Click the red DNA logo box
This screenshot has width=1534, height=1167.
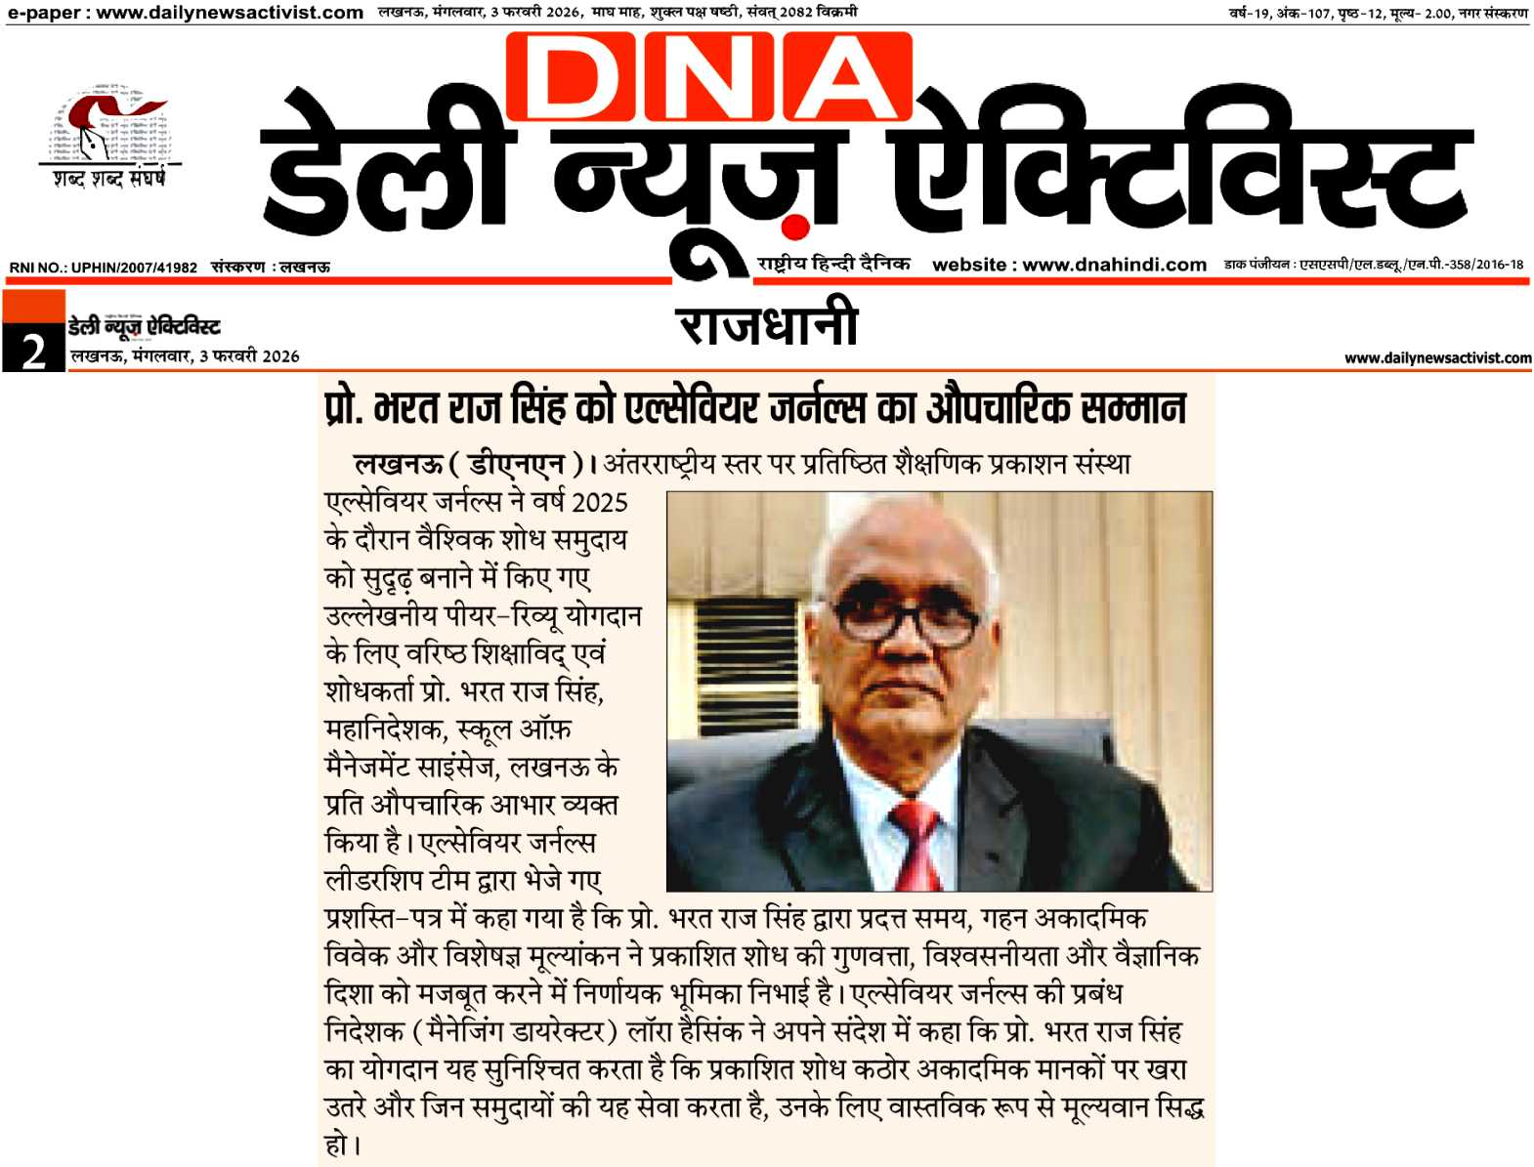coord(708,76)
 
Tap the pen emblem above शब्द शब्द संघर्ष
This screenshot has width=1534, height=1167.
coord(107,125)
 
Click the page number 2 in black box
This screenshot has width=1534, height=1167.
coord(33,350)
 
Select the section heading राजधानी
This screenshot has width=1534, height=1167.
coord(767,324)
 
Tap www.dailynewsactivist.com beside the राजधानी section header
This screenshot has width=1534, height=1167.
coord(1437,358)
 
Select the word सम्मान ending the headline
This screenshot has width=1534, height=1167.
coord(1134,407)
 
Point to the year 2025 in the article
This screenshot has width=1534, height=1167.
coord(599,502)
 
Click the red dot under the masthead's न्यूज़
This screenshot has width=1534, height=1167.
coord(796,228)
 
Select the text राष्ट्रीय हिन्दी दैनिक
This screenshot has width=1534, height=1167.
coord(832,264)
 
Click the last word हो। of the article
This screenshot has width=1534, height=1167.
coord(342,1145)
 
